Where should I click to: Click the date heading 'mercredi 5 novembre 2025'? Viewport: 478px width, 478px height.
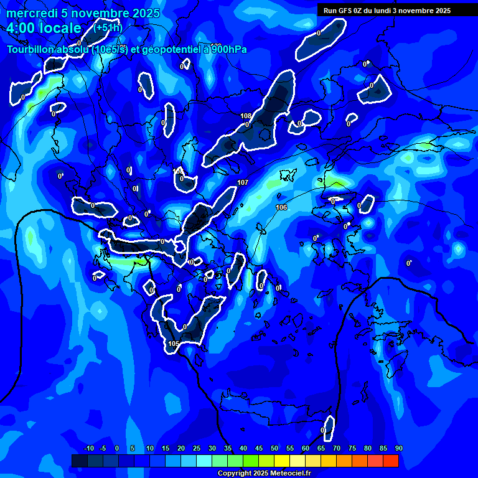click(x=83, y=14)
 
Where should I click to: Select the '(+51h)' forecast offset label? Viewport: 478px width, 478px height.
click(x=108, y=27)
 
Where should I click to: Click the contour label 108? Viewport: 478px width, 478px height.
click(x=246, y=116)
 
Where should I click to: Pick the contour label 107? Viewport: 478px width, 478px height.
click(x=243, y=182)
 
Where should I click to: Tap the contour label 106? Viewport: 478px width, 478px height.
click(x=281, y=207)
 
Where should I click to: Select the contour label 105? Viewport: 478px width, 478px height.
click(x=174, y=344)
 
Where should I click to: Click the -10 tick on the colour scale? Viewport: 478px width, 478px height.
click(x=88, y=448)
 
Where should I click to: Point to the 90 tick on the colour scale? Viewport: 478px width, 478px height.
click(x=398, y=448)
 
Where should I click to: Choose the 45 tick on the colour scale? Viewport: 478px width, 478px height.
click(x=258, y=448)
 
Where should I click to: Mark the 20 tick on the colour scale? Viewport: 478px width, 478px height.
click(x=180, y=448)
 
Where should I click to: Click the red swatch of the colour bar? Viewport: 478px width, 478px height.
click(x=391, y=461)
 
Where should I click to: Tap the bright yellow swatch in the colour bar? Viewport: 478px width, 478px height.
click(x=282, y=461)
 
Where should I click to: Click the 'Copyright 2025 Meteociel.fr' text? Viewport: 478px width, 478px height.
click(x=264, y=473)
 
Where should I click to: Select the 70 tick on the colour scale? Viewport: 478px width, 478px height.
click(x=336, y=448)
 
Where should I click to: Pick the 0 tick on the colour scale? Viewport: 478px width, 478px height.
click(x=117, y=448)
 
